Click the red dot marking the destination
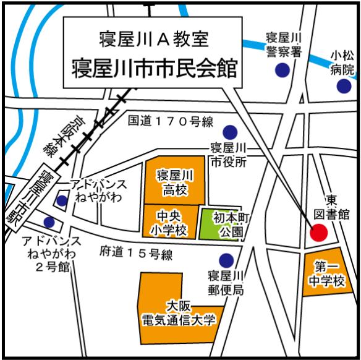pyautogui.click(x=318, y=233)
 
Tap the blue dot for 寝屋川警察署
pyautogui.click(x=282, y=70)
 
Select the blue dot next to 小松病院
pyautogui.click(x=344, y=86)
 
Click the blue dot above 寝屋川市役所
pyautogui.click(x=230, y=131)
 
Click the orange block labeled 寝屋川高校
pyautogui.click(x=175, y=181)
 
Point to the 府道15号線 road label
pyautogui.click(x=135, y=252)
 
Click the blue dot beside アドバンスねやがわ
pyautogui.click(x=62, y=200)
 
